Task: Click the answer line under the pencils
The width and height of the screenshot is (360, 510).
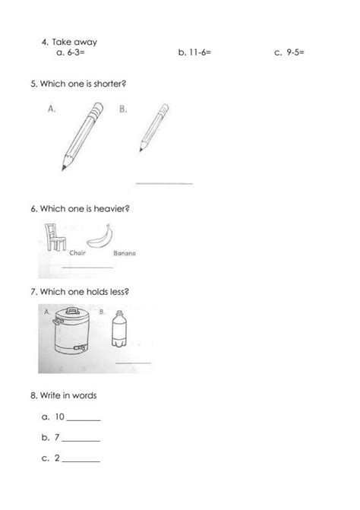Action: (x=163, y=183)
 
